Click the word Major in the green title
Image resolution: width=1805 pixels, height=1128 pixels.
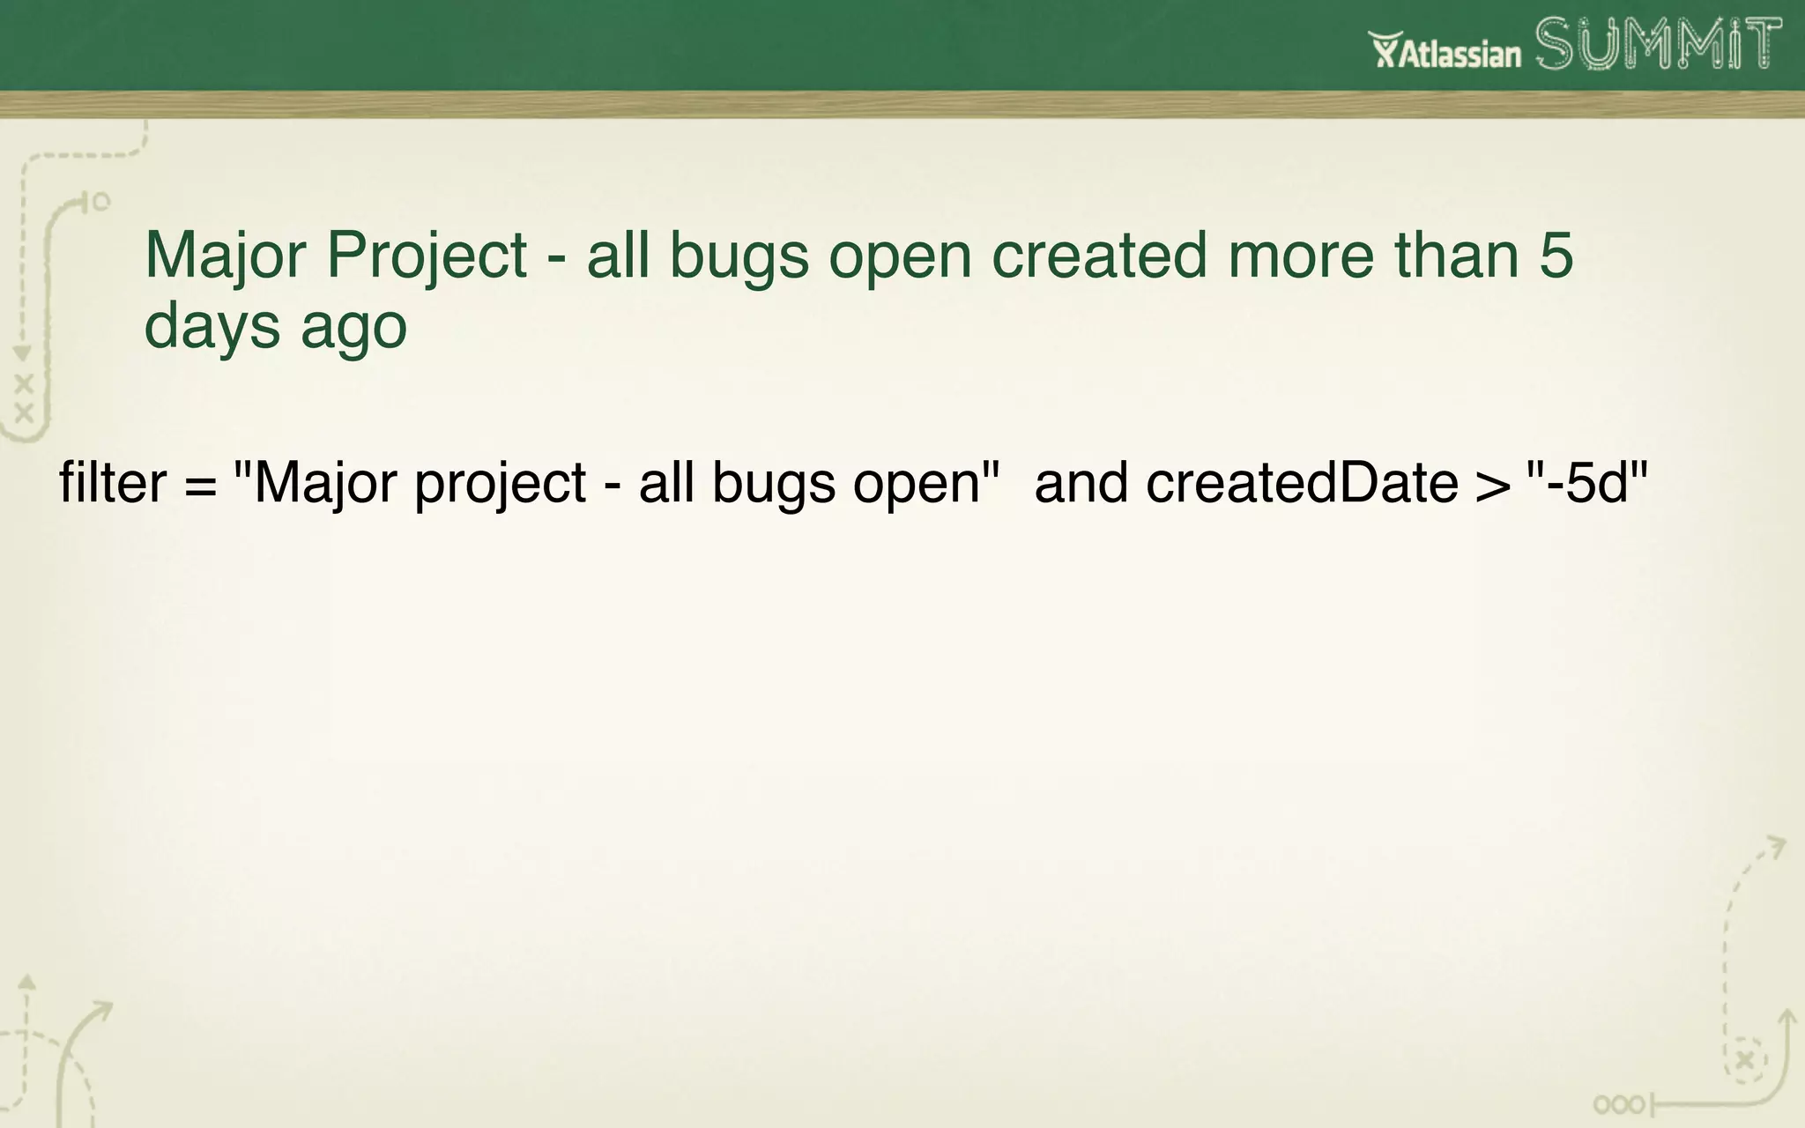tap(225, 256)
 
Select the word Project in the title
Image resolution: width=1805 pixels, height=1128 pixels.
tap(427, 256)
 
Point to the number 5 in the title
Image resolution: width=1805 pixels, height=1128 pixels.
tap(1556, 256)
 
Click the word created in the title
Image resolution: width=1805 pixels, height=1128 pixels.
tap(1098, 256)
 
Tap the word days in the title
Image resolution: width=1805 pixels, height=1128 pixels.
tap(212, 326)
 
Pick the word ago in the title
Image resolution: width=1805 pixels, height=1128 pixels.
tap(353, 326)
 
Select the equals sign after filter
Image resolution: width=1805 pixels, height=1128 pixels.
tap(201, 485)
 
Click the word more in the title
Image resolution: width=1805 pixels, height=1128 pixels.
tap(1300, 256)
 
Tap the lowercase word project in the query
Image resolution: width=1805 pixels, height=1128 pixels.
tap(500, 485)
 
